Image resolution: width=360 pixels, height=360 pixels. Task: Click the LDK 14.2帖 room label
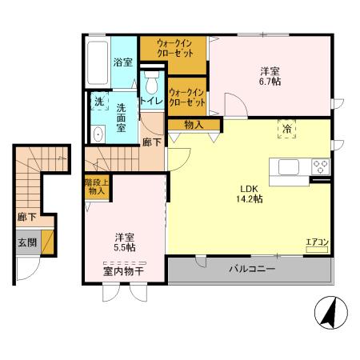point(246,194)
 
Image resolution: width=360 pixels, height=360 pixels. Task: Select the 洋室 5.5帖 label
point(124,242)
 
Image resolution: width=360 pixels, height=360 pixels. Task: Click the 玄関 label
point(26,243)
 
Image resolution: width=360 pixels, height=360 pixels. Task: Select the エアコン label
point(318,242)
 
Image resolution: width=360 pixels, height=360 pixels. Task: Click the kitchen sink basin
point(289,166)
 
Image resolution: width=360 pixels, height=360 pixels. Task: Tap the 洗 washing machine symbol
point(98,102)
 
